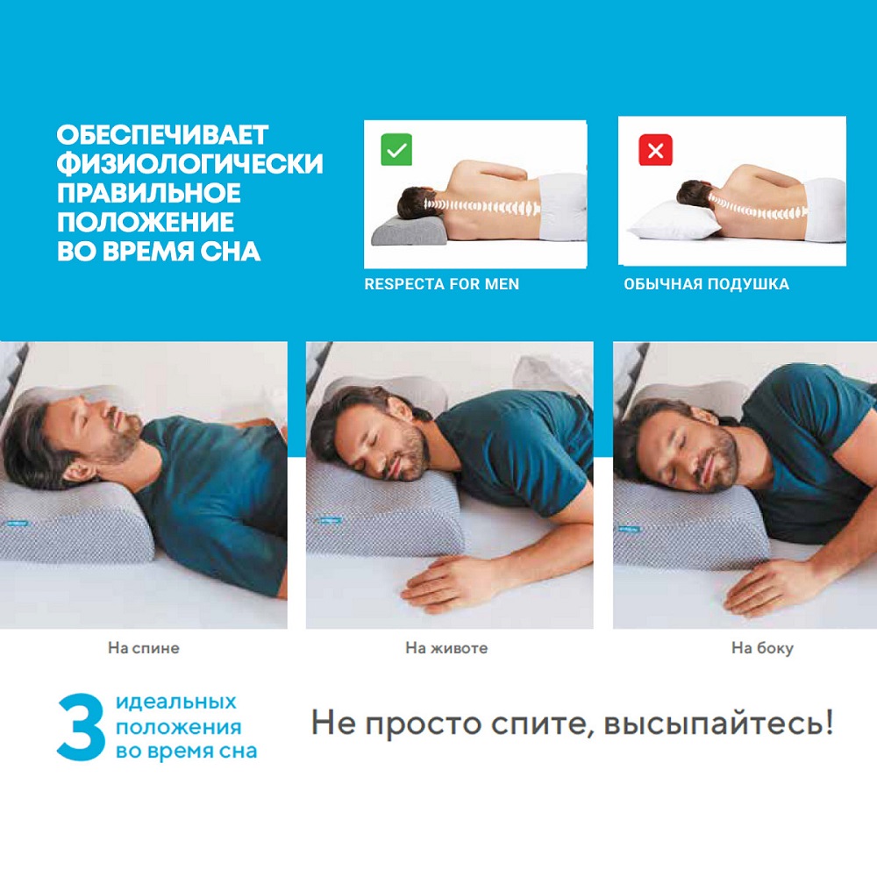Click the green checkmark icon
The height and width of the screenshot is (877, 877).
(x=396, y=150)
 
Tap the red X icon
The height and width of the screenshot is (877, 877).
(x=655, y=150)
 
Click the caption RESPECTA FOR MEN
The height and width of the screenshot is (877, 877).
(x=442, y=284)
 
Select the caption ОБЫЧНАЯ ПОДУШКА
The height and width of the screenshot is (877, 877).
(x=706, y=284)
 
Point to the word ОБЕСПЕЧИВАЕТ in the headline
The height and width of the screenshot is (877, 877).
(x=163, y=135)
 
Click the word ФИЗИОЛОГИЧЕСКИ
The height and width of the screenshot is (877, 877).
(x=190, y=163)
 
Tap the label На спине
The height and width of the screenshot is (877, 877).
(x=144, y=648)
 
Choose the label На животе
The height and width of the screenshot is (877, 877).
(x=446, y=648)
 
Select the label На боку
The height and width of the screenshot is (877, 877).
(x=762, y=648)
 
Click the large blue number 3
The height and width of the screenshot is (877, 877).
(x=81, y=727)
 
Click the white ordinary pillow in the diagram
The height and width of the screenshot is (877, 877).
(x=674, y=222)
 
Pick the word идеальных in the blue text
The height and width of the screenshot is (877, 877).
(x=176, y=702)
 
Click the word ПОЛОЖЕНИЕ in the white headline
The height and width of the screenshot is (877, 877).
(x=146, y=222)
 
